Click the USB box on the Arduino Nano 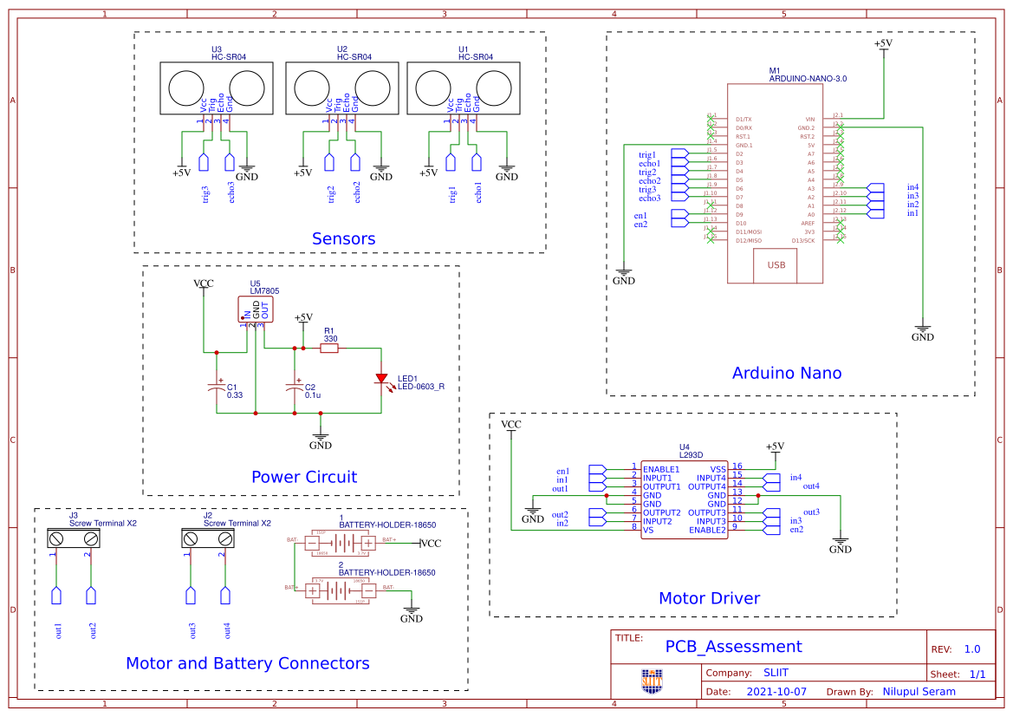click(x=776, y=265)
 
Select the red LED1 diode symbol click(x=381, y=378)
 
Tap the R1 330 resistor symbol click(x=329, y=349)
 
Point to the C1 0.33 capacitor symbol click(x=217, y=388)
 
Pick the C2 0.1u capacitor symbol click(x=295, y=388)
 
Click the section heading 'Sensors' click(x=343, y=238)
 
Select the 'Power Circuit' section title click(x=303, y=477)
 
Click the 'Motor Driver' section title click(x=709, y=598)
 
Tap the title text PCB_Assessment click(x=733, y=646)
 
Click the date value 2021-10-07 click(x=776, y=692)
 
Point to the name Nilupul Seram click(x=919, y=692)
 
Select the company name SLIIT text click(x=776, y=673)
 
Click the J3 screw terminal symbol click(x=74, y=538)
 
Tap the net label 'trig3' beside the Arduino click(x=647, y=190)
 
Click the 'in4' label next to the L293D click(x=795, y=478)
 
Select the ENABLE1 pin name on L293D click(x=661, y=469)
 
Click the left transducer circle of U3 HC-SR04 click(x=185, y=88)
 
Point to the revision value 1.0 click(x=971, y=649)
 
